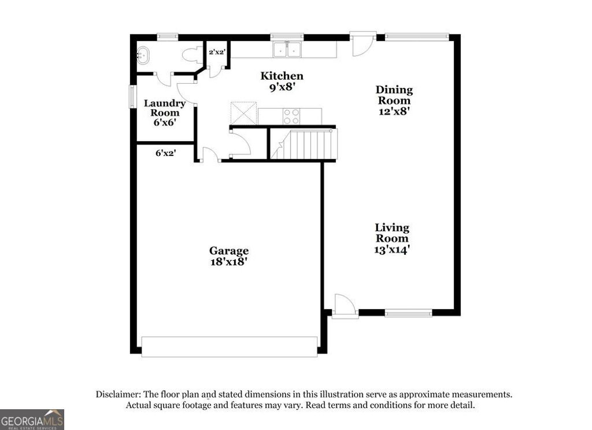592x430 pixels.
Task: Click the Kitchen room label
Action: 282,76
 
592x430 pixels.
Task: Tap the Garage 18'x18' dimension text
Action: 229,261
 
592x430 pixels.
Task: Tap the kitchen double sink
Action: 288,50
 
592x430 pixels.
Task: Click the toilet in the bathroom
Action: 190,55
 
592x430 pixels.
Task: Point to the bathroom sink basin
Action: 143,56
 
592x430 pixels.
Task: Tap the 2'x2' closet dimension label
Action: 217,52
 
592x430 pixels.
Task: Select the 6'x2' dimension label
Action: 165,153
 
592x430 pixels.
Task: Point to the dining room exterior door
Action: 362,45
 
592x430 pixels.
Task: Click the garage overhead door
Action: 230,347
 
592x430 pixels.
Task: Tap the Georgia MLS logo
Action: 32,419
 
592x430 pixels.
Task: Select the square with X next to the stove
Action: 243,112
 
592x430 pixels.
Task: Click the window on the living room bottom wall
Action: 409,313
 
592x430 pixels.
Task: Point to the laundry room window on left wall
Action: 132,96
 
